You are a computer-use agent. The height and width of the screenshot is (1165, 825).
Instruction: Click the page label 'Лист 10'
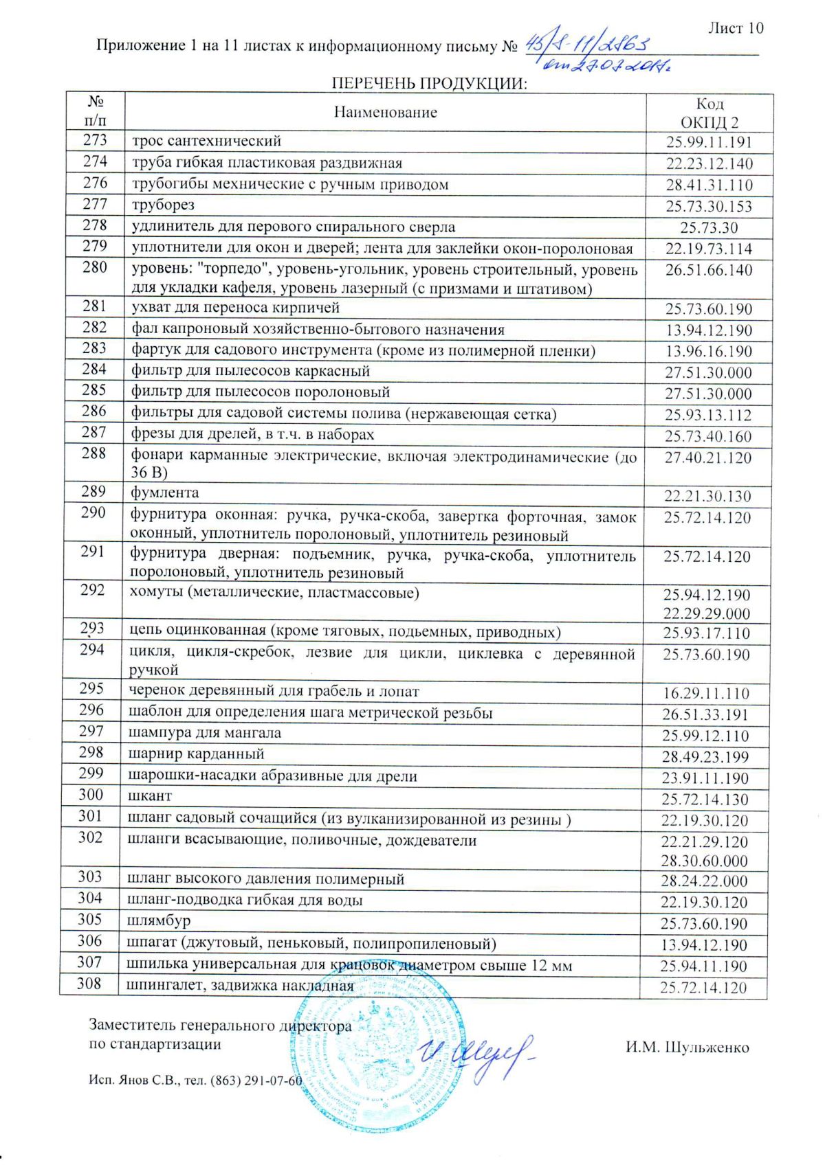tap(735, 28)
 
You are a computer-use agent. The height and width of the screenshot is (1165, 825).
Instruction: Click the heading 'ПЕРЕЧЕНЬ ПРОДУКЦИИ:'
tap(429, 84)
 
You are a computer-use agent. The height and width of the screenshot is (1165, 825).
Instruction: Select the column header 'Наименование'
tap(385, 112)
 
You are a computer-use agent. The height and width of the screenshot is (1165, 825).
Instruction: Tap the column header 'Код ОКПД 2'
tap(709, 113)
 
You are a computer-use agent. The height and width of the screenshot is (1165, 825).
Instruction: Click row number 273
tap(95, 140)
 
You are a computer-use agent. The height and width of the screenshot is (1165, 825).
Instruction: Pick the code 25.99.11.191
tap(709, 142)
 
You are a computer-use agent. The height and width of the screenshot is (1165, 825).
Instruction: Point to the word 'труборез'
tap(163, 205)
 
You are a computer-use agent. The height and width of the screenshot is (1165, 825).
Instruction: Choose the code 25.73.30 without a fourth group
tap(709, 227)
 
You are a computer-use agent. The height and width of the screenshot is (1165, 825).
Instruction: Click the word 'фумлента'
tap(165, 493)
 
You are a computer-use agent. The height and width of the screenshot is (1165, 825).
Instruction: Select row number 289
tap(93, 491)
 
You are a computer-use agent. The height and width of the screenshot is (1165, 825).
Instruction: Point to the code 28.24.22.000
tap(705, 881)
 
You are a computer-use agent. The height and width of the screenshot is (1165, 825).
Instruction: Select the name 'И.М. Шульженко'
tap(687, 1048)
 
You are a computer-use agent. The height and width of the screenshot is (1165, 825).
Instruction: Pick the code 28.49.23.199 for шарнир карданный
tap(705, 757)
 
